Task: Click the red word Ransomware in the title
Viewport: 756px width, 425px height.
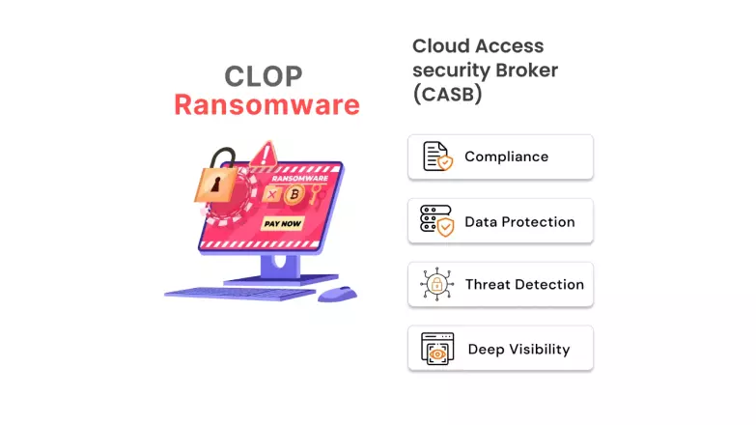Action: [x=266, y=104]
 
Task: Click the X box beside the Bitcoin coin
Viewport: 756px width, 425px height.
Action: [x=271, y=195]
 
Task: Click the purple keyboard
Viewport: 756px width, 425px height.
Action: [x=241, y=292]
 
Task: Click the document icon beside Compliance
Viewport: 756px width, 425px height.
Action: [x=436, y=156]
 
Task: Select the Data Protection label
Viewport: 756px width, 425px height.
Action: [x=519, y=221]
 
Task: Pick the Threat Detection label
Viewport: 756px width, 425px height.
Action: [x=524, y=285]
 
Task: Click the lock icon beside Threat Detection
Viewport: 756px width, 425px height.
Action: [x=436, y=285]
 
